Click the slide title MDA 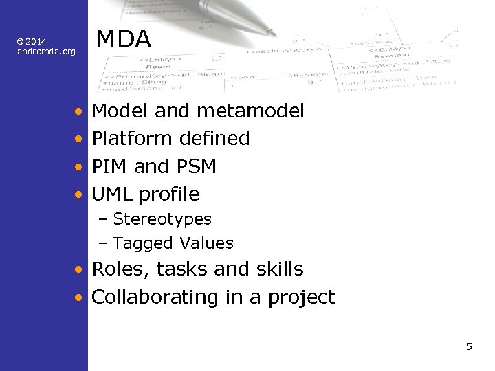click(124, 39)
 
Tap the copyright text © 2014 click(32, 43)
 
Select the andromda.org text click(46, 52)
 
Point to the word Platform click(132, 139)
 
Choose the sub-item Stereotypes click(162, 219)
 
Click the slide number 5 click(469, 346)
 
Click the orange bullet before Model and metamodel click(80, 111)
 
